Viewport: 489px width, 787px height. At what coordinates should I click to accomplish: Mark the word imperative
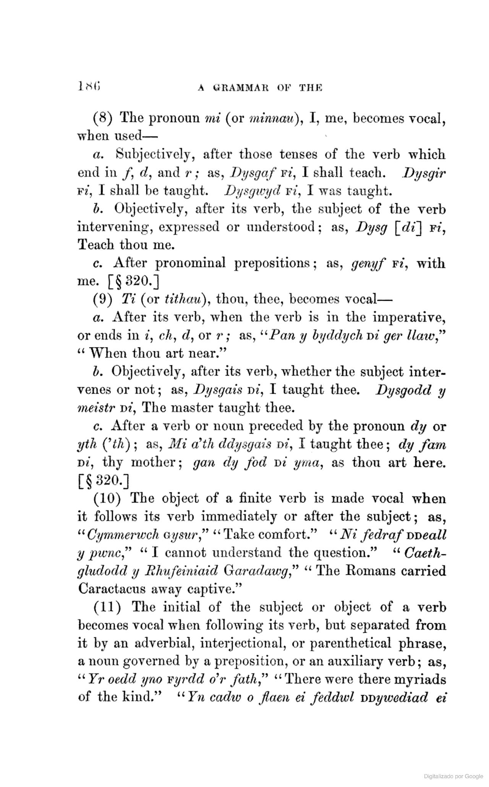coord(409,317)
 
